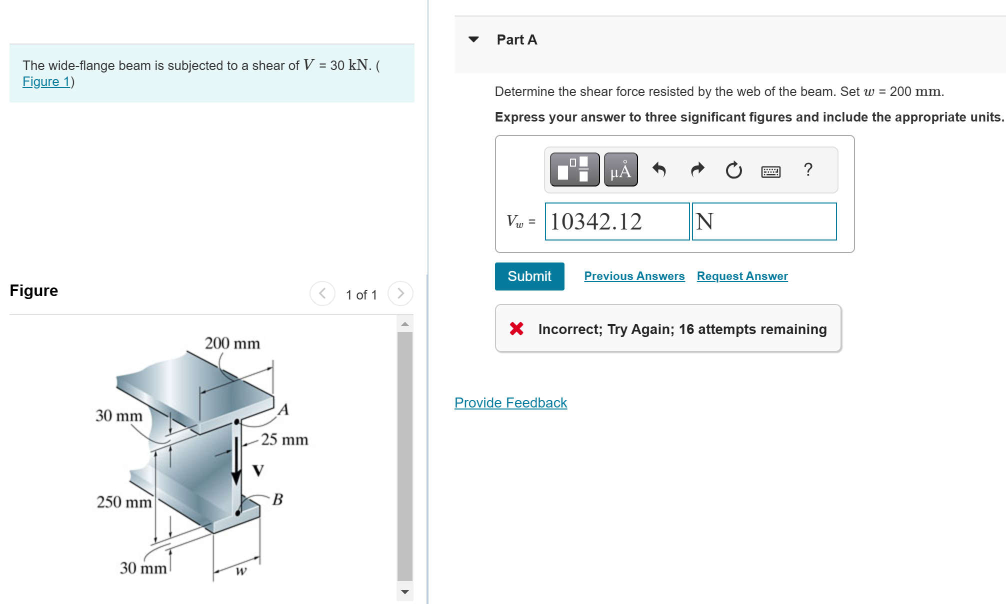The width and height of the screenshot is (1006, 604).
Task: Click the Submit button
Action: coord(529,276)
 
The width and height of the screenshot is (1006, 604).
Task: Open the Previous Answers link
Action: coord(634,276)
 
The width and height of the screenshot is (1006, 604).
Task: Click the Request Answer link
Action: coord(742,276)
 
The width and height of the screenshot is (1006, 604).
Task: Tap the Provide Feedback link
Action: coord(510,402)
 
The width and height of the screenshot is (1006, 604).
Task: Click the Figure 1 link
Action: coord(46,81)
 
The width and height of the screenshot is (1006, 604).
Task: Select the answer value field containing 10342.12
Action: coord(616,221)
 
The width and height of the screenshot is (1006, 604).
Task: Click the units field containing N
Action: coord(763,221)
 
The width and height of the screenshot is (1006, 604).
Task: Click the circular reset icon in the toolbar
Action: coord(733,170)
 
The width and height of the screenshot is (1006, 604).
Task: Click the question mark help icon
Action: coord(808,170)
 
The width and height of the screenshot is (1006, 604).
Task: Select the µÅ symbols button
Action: coord(620,170)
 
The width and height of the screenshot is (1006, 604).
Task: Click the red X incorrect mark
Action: coord(516,328)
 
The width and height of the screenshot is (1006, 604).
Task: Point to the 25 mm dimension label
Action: coord(284,439)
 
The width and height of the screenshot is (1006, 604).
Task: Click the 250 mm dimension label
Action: coord(123,501)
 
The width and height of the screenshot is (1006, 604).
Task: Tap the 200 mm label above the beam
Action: coord(232,343)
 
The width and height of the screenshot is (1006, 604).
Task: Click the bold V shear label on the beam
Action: coord(258,470)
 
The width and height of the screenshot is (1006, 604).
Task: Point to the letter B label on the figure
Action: coord(278,499)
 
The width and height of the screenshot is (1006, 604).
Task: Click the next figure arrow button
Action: coord(400,293)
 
